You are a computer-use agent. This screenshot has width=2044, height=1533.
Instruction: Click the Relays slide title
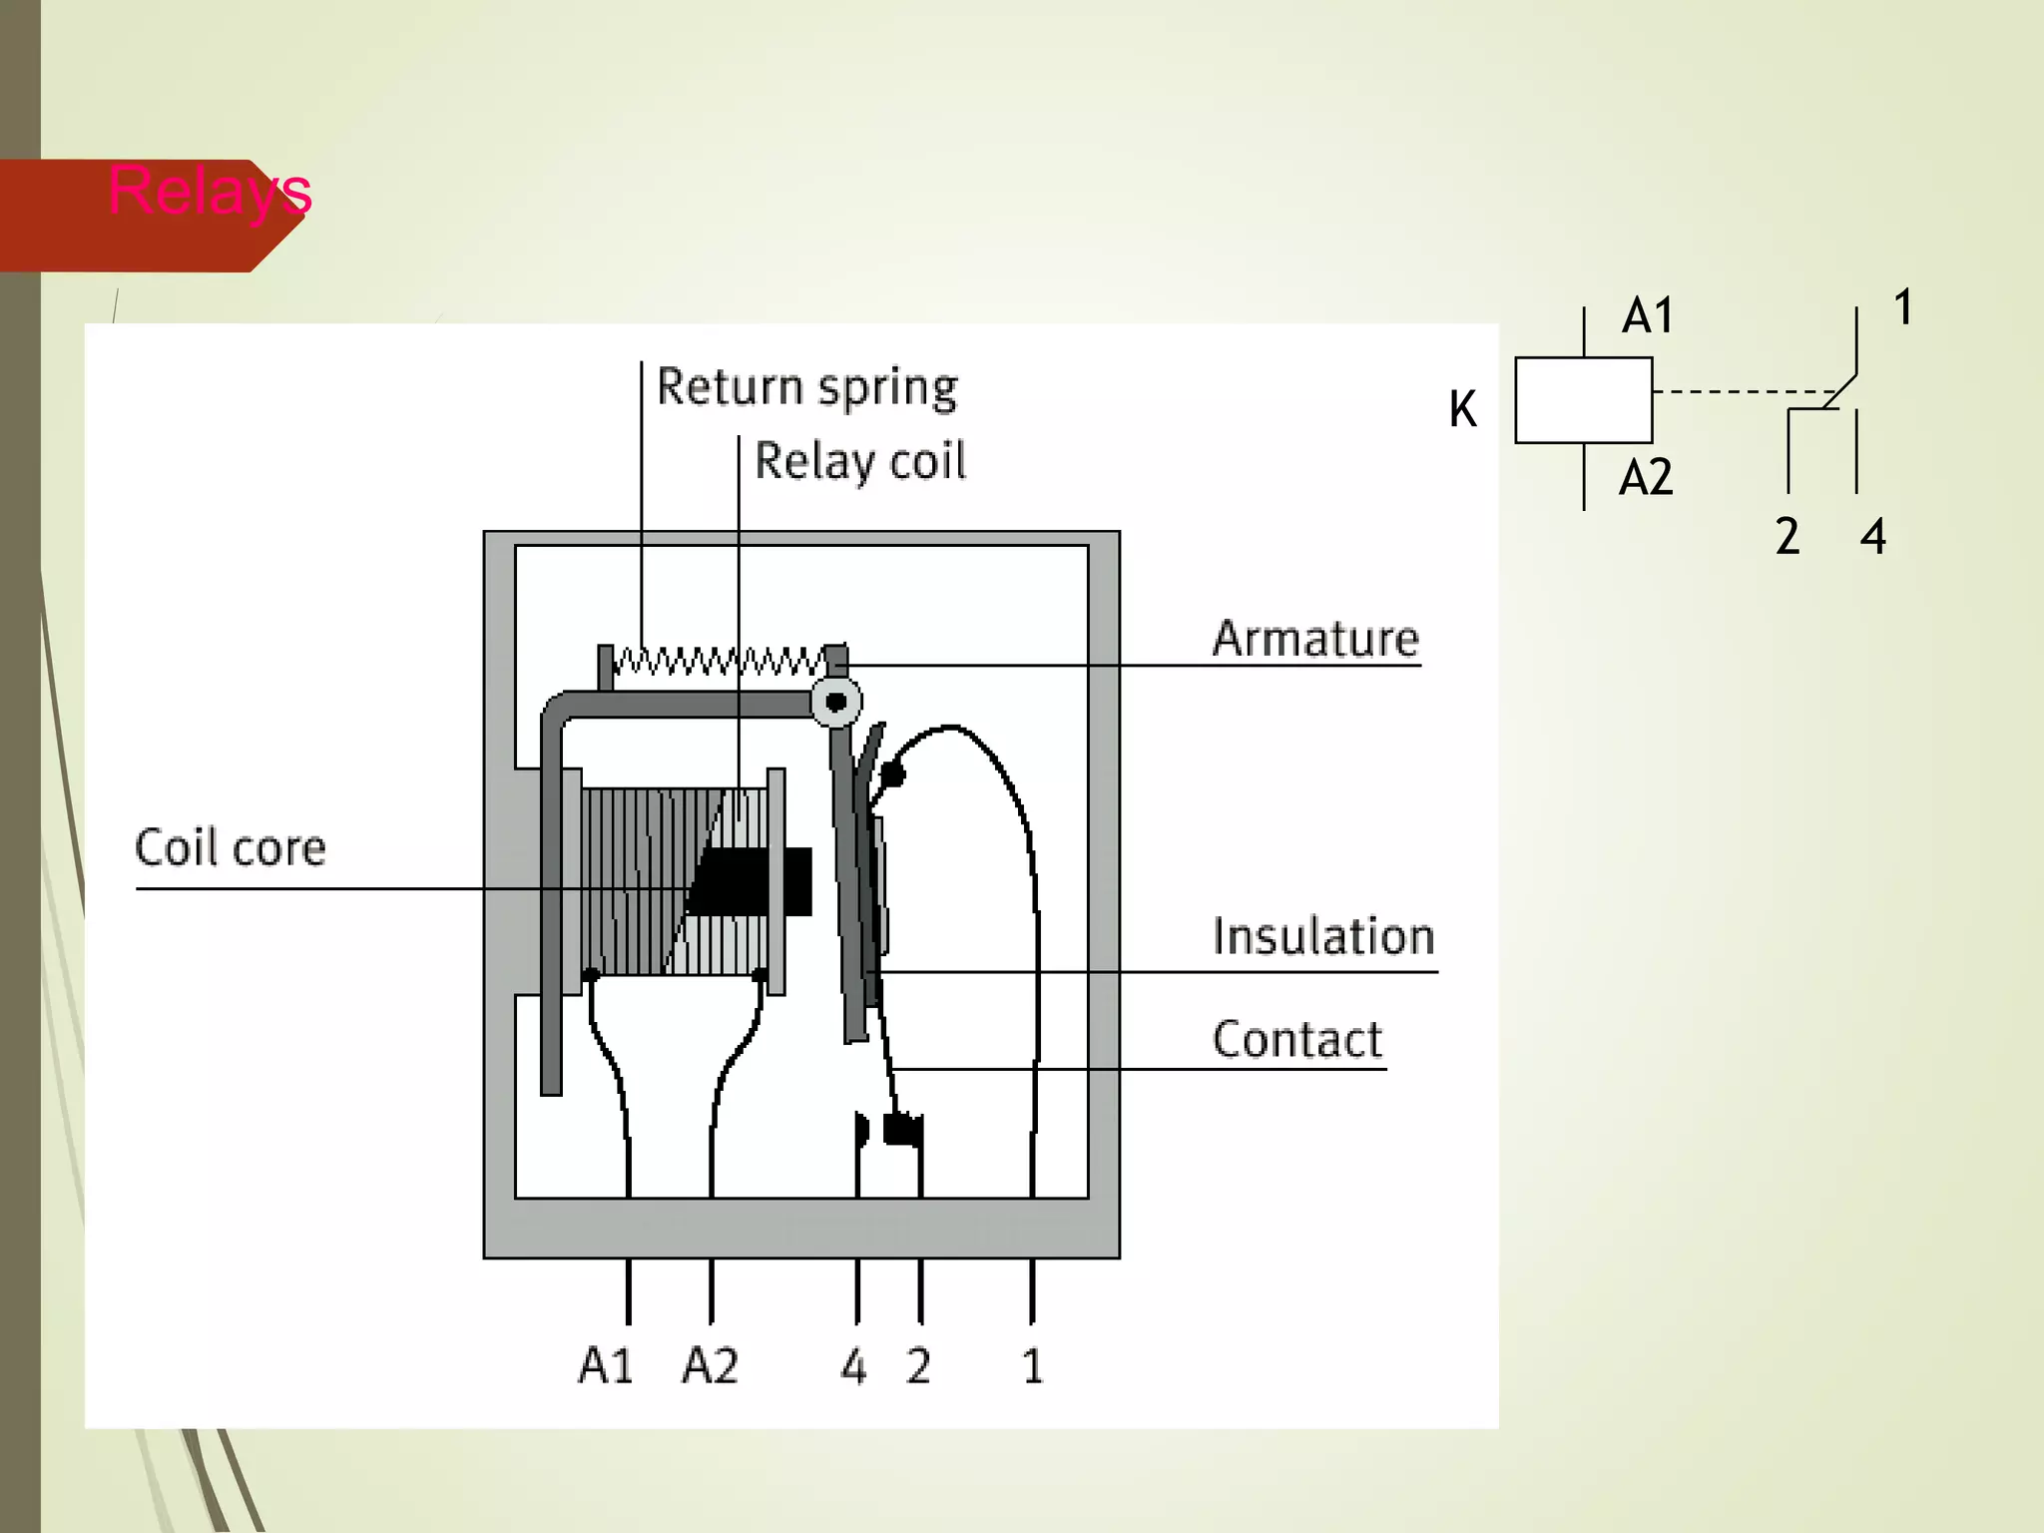coord(210,191)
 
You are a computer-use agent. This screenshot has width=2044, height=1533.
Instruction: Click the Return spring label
coord(806,387)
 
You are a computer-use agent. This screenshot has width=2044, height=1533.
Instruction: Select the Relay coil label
coord(859,461)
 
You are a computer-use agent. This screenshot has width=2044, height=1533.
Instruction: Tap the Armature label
coord(1314,639)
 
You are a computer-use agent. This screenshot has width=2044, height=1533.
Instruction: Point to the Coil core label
coord(230,848)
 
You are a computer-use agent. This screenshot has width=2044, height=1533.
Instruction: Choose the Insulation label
coord(1322,937)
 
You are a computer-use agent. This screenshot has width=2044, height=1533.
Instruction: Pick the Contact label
coord(1296,1040)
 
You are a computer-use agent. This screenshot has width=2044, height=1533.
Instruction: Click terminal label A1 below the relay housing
coord(606,1365)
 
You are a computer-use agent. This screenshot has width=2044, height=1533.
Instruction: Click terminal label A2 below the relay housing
coord(710,1365)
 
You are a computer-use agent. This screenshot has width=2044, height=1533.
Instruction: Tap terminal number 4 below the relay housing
coord(853,1366)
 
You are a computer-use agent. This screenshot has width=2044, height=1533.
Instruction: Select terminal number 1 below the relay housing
coord(1032,1366)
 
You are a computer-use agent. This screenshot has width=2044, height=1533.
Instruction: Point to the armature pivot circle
coord(835,702)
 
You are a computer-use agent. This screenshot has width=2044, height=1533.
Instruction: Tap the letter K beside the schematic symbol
coord(1462,409)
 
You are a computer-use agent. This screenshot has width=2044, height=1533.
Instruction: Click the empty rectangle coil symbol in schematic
coord(1583,400)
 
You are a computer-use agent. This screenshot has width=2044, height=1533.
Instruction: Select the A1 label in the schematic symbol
coord(1647,316)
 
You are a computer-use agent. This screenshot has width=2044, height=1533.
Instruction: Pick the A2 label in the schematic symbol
coord(1645,478)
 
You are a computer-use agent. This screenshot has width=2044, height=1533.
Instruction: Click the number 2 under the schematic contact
coord(1787,537)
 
